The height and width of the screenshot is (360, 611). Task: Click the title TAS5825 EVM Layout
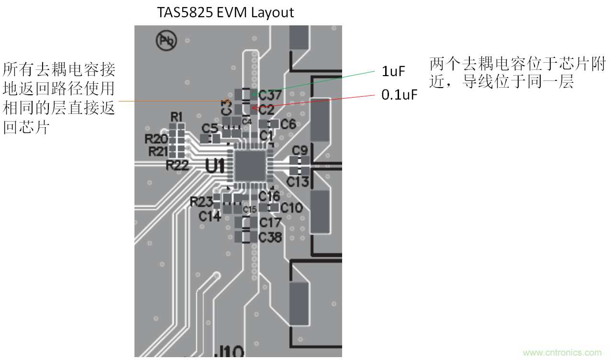click(x=225, y=12)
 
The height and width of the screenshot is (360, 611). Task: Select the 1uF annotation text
click(x=393, y=72)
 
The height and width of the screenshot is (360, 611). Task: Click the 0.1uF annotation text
click(x=400, y=95)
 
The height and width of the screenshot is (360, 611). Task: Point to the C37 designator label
click(x=270, y=96)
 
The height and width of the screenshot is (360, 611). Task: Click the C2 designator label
click(x=267, y=110)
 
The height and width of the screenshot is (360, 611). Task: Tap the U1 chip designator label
click(x=215, y=166)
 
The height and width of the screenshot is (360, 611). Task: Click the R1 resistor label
click(x=177, y=116)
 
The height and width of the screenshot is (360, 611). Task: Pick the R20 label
click(x=156, y=139)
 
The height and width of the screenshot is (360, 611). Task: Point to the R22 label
click(x=177, y=166)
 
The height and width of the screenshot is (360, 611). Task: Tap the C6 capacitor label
click(x=288, y=124)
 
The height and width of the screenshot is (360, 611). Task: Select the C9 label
click(x=300, y=150)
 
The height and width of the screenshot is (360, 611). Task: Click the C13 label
click(x=298, y=181)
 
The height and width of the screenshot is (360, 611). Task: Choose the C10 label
click(x=291, y=208)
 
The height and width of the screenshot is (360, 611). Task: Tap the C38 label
click(x=270, y=237)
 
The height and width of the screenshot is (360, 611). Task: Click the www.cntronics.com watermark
click(x=562, y=353)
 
